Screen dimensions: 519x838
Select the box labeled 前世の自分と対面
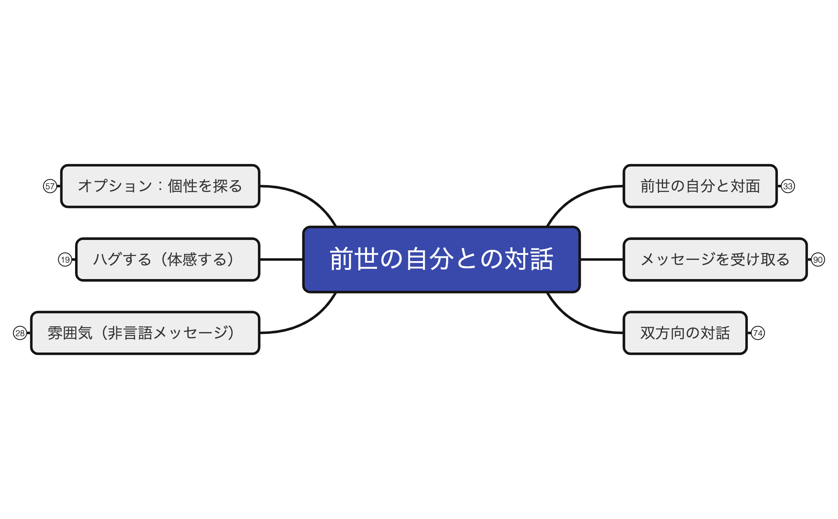700,186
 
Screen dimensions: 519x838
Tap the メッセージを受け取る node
715,259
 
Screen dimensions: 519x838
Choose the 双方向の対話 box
685,333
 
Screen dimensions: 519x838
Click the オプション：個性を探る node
160,186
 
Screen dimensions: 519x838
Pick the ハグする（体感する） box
168,259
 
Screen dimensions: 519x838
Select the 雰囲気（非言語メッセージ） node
145,333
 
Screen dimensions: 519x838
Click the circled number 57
50,186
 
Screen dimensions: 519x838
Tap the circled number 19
65,259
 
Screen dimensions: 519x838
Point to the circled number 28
20,333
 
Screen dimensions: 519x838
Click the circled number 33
788,186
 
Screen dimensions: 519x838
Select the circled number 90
818,259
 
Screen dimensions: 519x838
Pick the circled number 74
758,333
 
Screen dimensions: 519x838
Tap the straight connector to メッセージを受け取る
602,259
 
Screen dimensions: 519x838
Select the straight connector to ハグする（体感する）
281,259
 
